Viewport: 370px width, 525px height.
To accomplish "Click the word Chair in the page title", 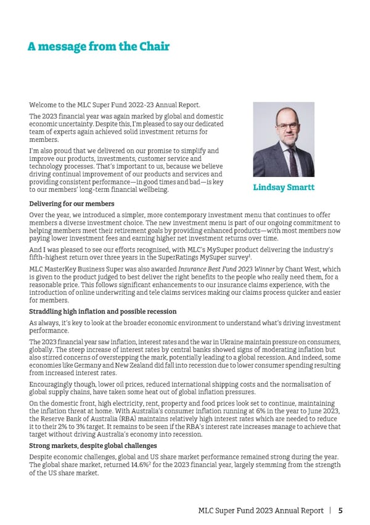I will click(152, 46).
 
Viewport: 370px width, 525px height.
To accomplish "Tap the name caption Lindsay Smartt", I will click(284, 187).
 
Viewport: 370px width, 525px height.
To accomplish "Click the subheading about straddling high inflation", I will click(103, 312).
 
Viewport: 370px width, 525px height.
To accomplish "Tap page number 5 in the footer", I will click(340, 511).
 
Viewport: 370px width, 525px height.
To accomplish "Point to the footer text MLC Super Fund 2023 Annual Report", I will click(260, 511).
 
